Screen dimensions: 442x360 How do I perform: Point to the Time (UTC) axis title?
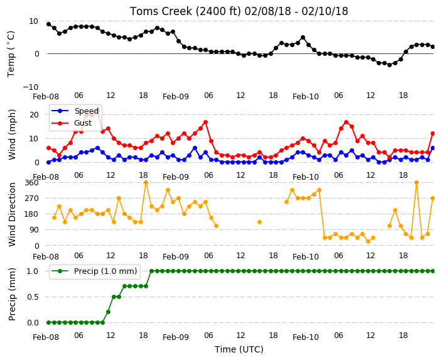(x=239, y=349)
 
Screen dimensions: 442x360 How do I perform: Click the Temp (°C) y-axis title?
(x=11, y=53)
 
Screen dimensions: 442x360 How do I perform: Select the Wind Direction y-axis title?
(x=12, y=214)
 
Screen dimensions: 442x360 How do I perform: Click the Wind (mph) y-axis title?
(x=12, y=135)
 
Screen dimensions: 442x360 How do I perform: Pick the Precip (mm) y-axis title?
(x=12, y=295)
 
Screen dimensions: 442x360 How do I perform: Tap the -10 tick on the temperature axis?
(x=30, y=87)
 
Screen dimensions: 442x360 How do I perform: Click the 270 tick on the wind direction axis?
(x=31, y=199)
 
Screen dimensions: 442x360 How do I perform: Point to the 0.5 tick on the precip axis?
(x=33, y=297)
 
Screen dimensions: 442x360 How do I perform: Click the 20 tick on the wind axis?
(x=34, y=115)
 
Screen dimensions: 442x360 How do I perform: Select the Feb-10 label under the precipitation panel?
(x=306, y=337)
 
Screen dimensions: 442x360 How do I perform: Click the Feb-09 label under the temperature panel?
(x=176, y=97)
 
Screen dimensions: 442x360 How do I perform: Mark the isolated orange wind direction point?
(x=260, y=222)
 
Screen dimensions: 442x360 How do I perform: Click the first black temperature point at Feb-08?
(x=48, y=25)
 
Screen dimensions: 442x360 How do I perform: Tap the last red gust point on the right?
(x=433, y=134)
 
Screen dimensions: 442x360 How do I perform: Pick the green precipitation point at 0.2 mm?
(x=108, y=312)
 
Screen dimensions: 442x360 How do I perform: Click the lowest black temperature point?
(x=389, y=65)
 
